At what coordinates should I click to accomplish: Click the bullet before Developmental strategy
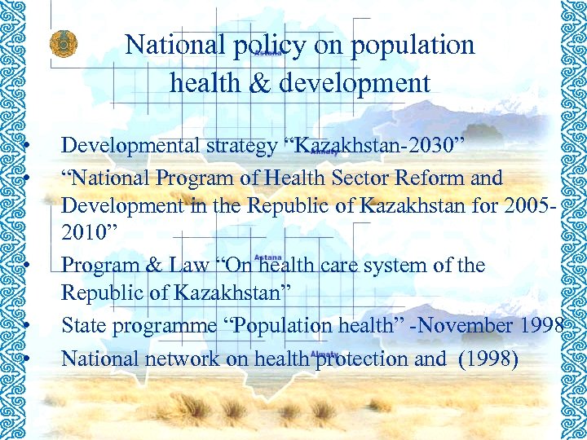pyautogui.click(x=28, y=147)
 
